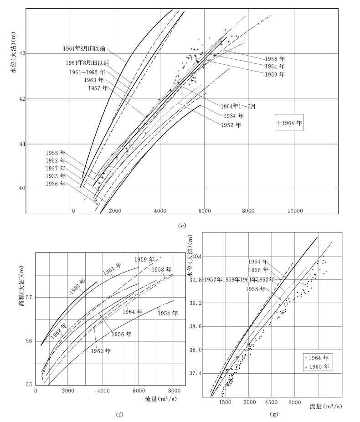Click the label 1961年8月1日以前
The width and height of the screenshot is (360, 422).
click(85, 48)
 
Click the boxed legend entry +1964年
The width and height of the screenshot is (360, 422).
click(289, 123)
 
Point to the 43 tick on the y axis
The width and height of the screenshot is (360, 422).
click(23, 54)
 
